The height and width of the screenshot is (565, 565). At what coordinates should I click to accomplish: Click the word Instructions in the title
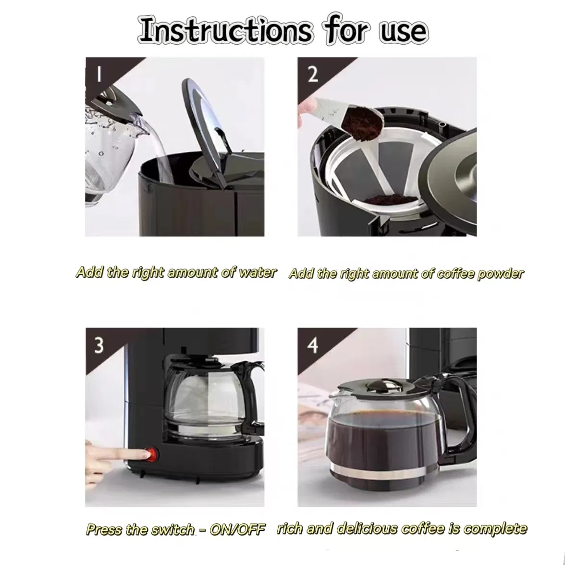[x=225, y=31]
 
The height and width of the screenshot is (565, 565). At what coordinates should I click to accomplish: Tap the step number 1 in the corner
[x=99, y=74]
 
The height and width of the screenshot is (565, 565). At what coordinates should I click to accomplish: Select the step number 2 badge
[x=312, y=74]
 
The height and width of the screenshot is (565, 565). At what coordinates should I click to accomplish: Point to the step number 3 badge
[x=98, y=345]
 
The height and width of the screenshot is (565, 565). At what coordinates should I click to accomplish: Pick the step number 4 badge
[x=313, y=345]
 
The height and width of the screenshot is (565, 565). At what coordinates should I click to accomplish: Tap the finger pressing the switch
[x=115, y=453]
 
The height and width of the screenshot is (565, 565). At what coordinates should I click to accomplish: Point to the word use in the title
[x=403, y=31]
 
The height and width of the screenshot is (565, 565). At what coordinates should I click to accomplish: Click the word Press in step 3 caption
[x=104, y=529]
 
